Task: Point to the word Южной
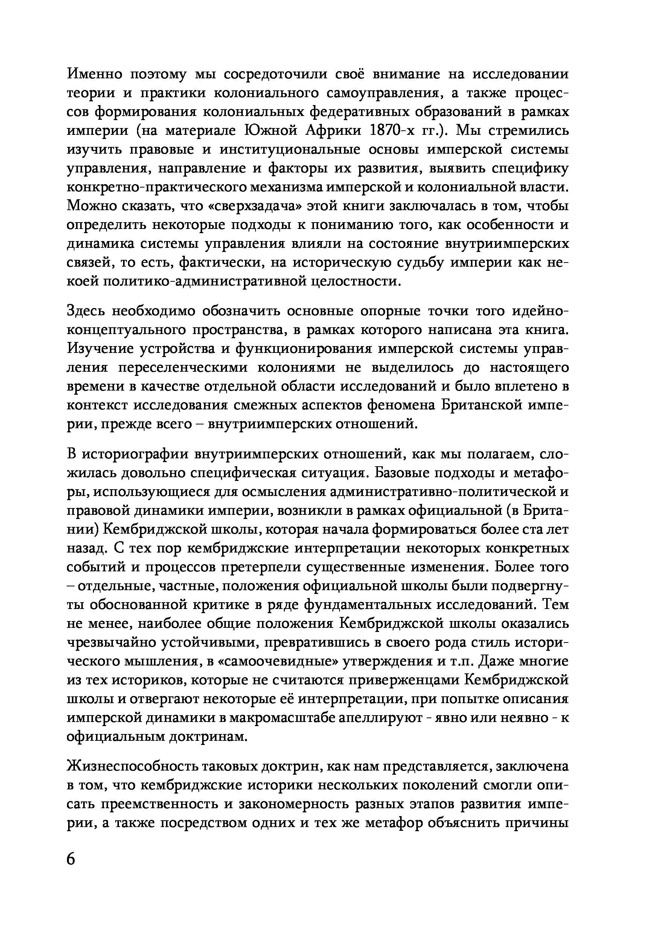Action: (x=270, y=131)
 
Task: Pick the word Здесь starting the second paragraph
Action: (x=86, y=311)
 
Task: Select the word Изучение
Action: (x=100, y=349)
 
